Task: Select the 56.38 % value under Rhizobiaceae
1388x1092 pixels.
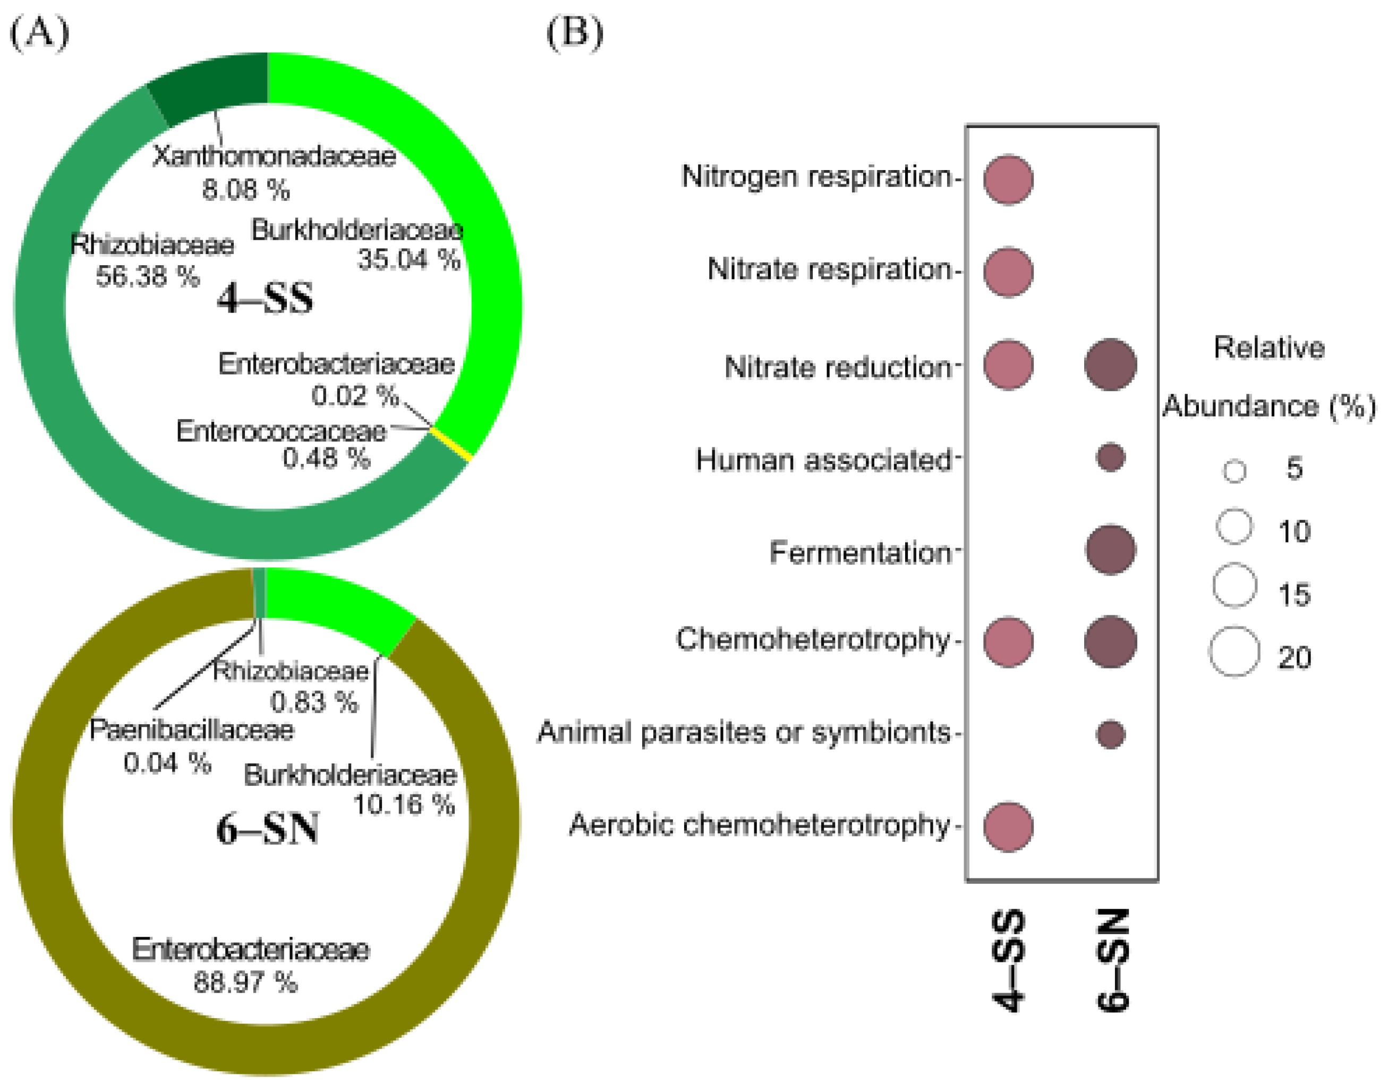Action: click(x=148, y=276)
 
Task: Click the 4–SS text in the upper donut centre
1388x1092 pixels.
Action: click(x=265, y=299)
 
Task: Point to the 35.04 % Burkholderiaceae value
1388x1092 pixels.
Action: click(x=408, y=259)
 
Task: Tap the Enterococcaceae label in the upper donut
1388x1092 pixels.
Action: click(x=281, y=431)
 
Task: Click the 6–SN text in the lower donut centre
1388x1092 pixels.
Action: click(x=267, y=830)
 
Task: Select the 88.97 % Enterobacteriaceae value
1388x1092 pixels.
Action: click(x=246, y=982)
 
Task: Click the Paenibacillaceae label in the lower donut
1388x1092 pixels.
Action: click(x=192, y=730)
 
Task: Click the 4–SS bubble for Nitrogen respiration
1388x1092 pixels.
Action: click(x=1008, y=180)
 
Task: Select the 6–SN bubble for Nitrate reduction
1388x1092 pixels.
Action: click(x=1111, y=365)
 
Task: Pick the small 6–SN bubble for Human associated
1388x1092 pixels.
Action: click(x=1111, y=458)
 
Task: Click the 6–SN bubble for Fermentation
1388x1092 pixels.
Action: click(x=1111, y=550)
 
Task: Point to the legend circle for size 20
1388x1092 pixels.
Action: click(x=1234, y=651)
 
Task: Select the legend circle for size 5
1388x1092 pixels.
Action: click(x=1234, y=471)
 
